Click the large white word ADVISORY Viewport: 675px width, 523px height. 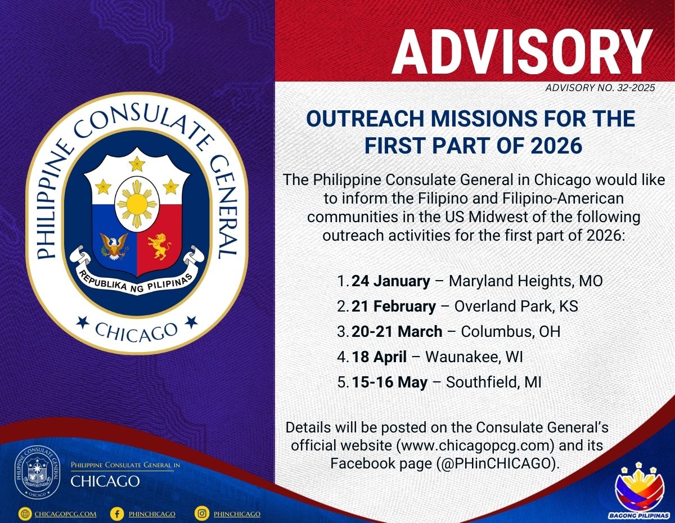(523, 52)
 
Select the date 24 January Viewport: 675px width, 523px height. (391, 281)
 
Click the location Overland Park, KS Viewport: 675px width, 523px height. (516, 306)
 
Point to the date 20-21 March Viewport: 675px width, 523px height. (397, 331)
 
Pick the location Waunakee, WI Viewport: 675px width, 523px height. (474, 357)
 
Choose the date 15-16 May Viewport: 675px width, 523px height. (389, 382)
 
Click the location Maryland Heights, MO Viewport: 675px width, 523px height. (525, 281)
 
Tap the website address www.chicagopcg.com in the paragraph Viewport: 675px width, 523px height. (475, 445)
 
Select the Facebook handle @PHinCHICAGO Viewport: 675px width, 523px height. (496, 464)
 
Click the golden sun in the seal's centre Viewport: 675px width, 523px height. (137, 204)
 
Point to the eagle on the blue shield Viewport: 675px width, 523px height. (114, 246)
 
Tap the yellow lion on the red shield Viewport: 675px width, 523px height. (159, 246)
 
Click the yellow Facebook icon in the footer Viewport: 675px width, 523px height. (117, 513)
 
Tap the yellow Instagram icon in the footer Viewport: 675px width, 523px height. (202, 513)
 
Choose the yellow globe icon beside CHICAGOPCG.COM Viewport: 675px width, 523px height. (25, 513)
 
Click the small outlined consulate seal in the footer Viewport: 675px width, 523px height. (37, 472)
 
